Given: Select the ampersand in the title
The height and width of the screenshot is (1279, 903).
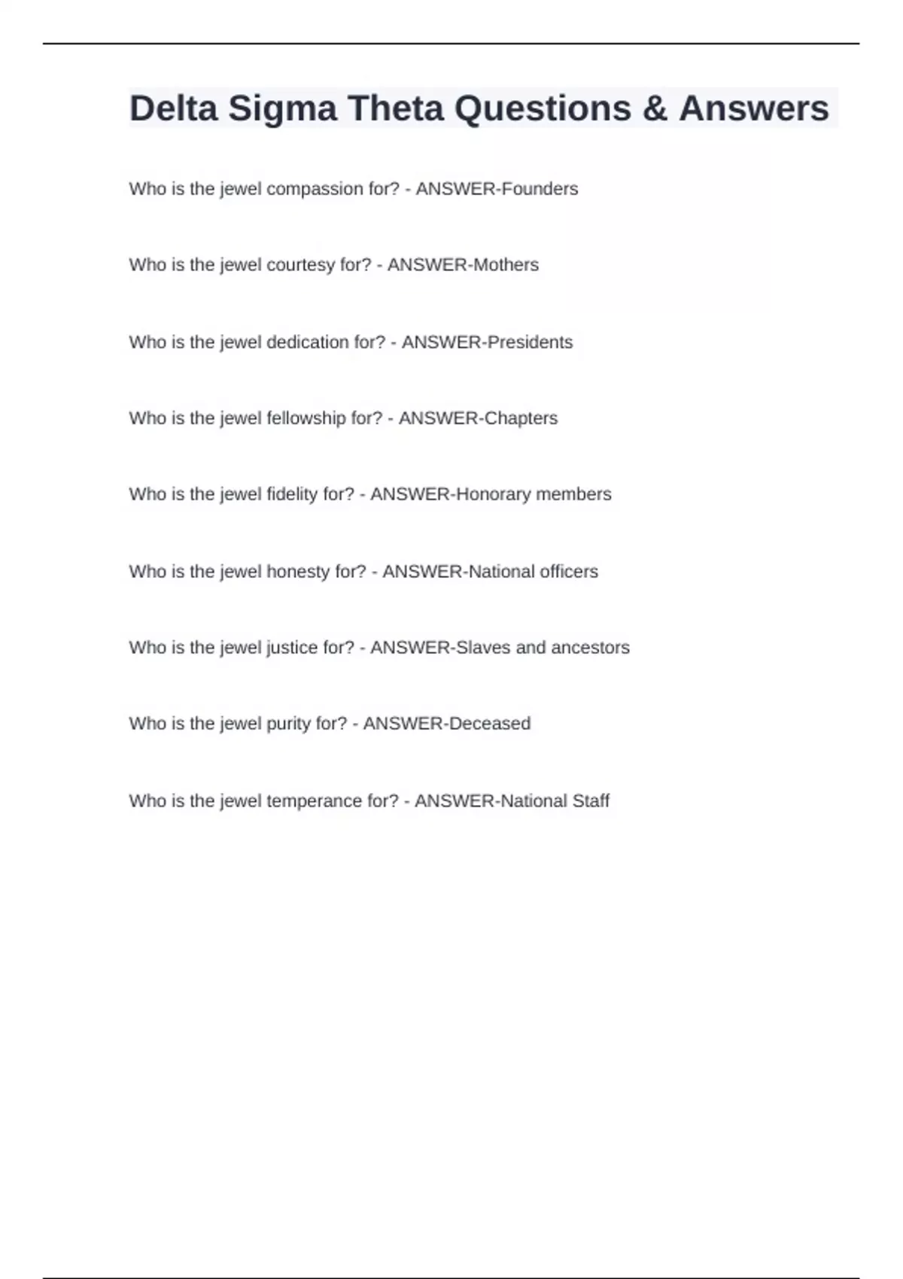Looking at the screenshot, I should click(655, 108).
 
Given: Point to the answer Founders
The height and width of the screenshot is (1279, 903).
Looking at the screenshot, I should click(539, 189).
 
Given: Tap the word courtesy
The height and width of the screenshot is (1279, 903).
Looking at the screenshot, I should click(300, 266).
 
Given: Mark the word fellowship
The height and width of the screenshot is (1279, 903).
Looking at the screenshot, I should click(306, 418).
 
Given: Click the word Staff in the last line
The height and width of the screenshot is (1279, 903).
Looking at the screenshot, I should click(591, 801).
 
